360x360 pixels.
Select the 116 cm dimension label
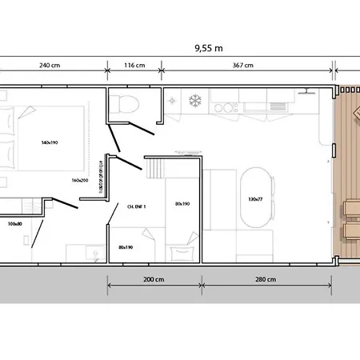[134, 66]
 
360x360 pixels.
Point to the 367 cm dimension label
[243, 66]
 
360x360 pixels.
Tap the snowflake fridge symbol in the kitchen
[193, 101]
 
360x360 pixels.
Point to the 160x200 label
[79, 180]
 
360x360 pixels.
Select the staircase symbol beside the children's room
[154, 170]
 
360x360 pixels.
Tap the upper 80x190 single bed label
[182, 203]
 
